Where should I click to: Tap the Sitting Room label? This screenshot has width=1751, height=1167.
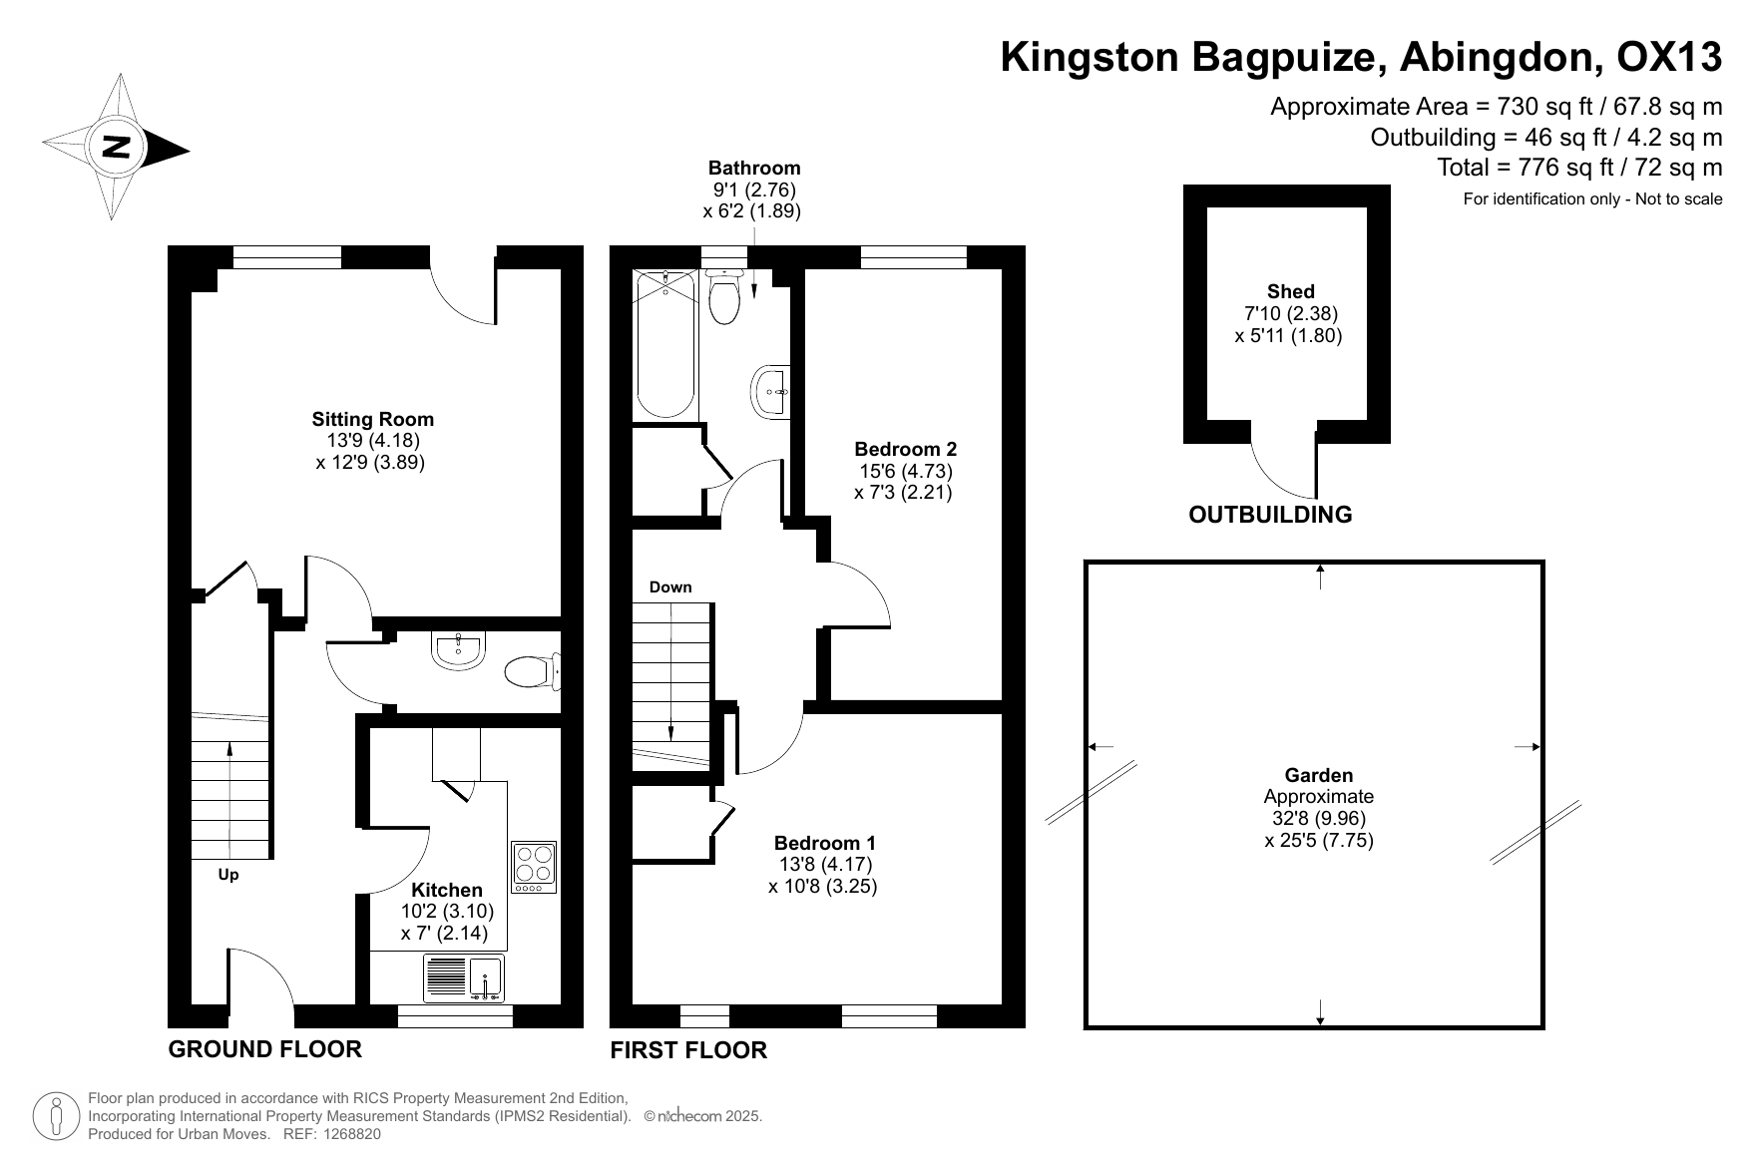(x=373, y=419)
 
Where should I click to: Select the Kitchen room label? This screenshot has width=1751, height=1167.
(x=447, y=890)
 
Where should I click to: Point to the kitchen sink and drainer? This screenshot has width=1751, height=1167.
(x=464, y=978)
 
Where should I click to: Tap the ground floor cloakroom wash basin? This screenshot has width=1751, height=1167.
(x=459, y=650)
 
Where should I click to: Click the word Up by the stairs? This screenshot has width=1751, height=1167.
(x=228, y=875)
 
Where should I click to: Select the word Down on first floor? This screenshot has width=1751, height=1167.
(x=670, y=586)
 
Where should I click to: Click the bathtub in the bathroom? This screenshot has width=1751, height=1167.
(x=665, y=344)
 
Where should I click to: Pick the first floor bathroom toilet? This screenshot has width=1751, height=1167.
(x=723, y=295)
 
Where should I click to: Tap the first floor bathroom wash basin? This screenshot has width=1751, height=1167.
(x=772, y=393)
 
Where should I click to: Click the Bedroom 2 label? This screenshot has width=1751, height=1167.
(x=905, y=449)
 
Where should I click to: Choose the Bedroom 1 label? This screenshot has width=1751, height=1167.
(x=824, y=843)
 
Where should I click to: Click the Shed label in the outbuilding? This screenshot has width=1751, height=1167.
(x=1291, y=291)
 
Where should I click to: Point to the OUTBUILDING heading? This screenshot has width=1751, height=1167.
(x=1270, y=515)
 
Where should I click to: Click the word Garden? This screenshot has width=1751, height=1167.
(x=1319, y=775)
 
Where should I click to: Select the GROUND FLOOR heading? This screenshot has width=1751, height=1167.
(x=265, y=1049)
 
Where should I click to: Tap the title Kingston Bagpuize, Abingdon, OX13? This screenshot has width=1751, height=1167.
(x=1361, y=57)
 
